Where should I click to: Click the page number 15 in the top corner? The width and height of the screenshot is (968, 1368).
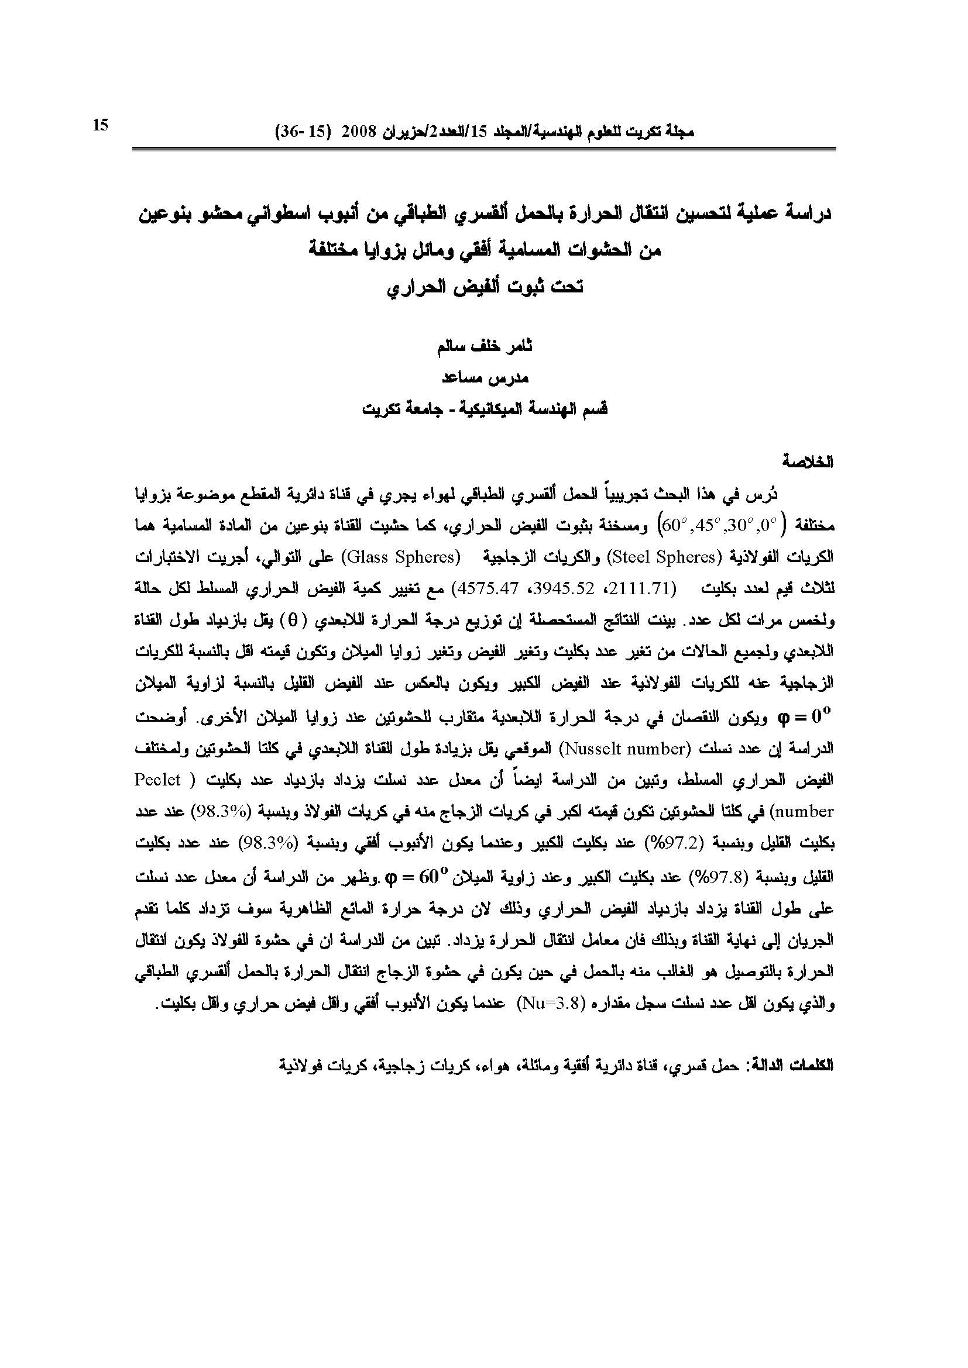pyautogui.click(x=100, y=125)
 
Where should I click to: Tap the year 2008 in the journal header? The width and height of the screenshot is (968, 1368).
pyautogui.click(x=356, y=132)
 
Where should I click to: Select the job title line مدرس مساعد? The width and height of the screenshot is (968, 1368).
pyautogui.click(x=485, y=378)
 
